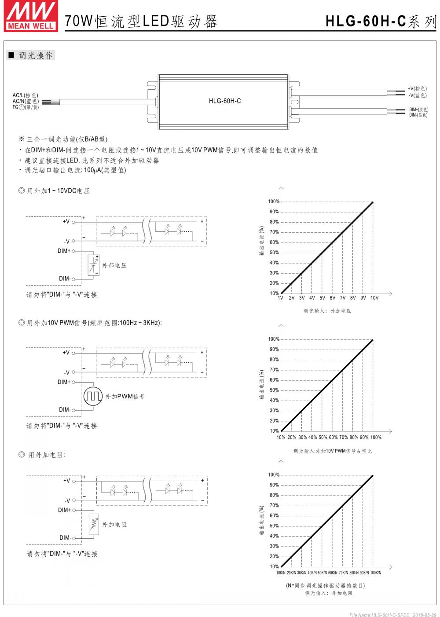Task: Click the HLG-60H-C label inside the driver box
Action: (225, 101)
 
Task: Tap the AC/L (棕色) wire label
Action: (26, 95)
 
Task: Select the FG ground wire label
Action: (26, 107)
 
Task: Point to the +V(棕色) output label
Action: (417, 89)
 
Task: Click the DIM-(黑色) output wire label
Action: (418, 115)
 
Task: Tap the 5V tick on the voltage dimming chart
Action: (322, 298)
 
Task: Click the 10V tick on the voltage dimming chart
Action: (374, 298)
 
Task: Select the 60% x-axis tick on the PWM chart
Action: (333, 438)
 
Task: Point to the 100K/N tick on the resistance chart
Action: (375, 573)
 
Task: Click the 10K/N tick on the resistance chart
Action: (281, 573)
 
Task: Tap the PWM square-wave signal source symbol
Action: (93, 396)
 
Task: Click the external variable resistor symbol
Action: (93, 525)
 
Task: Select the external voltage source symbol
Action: (93, 265)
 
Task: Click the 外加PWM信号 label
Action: (125, 397)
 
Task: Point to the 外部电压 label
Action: (114, 266)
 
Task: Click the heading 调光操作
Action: (36, 56)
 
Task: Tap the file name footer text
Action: (392, 615)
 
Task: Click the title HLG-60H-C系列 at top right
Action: (381, 21)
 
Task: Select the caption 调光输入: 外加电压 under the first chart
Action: (327, 311)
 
